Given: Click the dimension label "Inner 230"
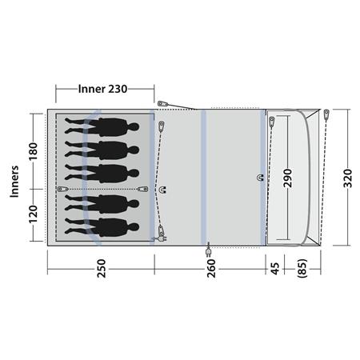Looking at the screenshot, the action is (102, 89).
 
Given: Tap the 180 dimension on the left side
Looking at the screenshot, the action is (34, 151).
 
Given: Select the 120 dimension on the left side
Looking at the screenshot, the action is (34, 214).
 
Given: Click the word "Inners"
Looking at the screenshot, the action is (14, 182).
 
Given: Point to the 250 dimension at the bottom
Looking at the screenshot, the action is (102, 268).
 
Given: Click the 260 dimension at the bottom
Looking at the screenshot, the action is (211, 268).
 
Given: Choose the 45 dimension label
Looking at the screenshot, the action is (275, 268).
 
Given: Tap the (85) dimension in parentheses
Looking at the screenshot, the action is (302, 268).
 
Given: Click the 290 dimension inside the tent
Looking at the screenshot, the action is (287, 178).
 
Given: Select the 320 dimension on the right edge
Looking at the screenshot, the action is (348, 178).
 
